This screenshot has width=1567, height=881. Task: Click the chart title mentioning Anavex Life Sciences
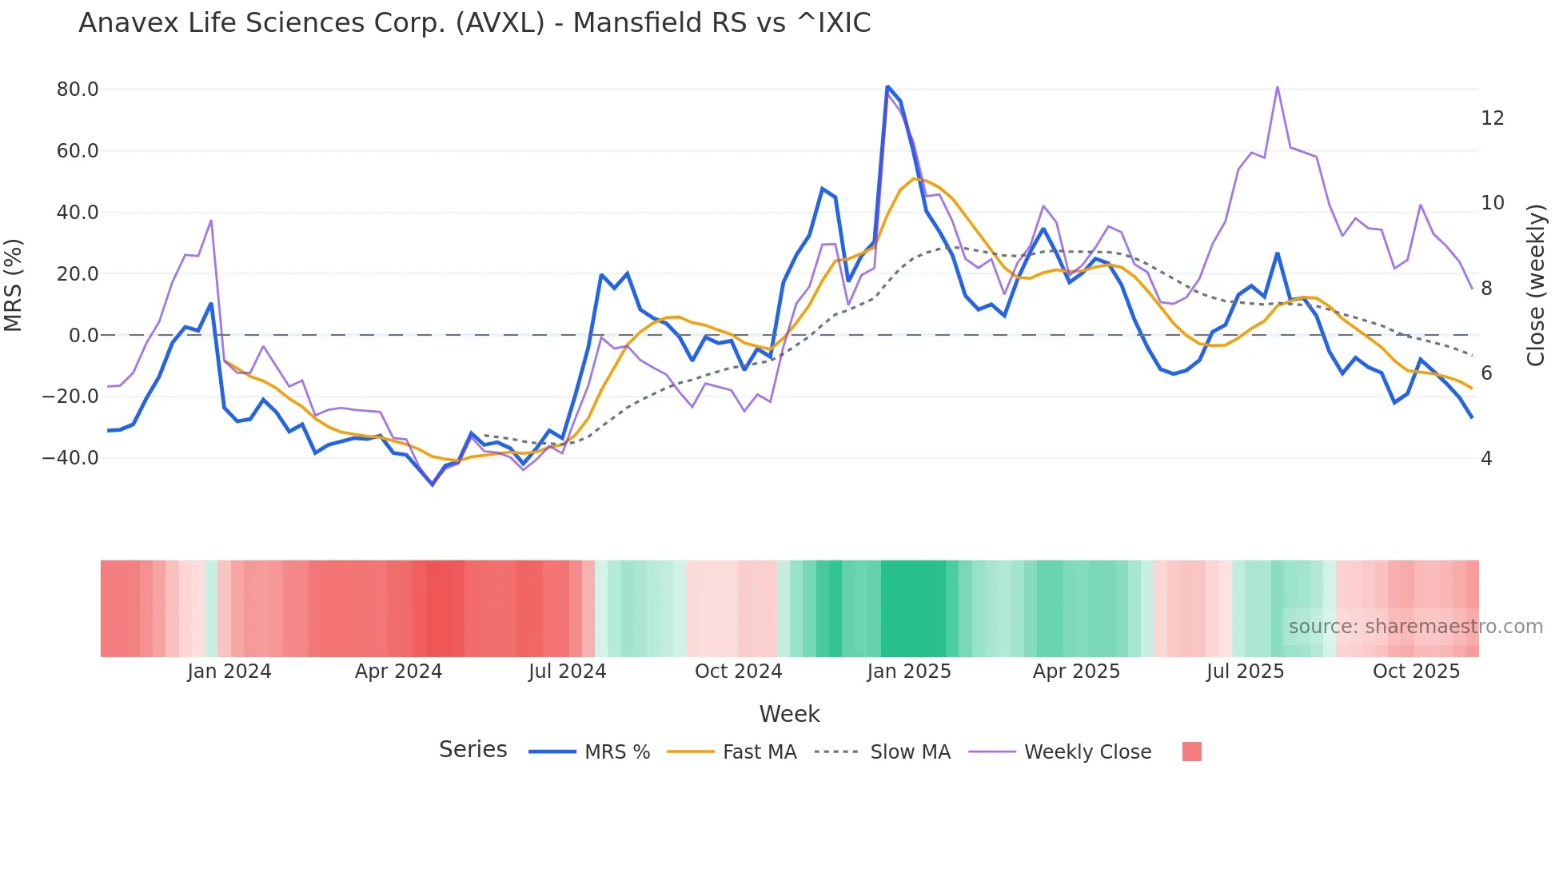pos(474,22)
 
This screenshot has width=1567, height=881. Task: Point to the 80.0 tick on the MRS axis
pos(78,90)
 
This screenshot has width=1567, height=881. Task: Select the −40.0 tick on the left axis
pos(70,458)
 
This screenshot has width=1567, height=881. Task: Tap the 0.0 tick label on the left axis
pos(83,336)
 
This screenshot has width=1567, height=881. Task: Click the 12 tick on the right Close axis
pos(1492,118)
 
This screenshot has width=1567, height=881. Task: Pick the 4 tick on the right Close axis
pos(1486,459)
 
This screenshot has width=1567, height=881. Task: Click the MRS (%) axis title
pos(14,285)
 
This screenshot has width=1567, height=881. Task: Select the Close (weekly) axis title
pos(1535,285)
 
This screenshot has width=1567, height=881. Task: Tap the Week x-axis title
pos(789,714)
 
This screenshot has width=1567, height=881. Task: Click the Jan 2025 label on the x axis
pos(909,672)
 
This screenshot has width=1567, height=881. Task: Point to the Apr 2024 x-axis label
pos(398,672)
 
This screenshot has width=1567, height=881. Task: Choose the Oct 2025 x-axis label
pos(1416,672)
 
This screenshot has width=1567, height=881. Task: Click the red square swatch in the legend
pos(1191,751)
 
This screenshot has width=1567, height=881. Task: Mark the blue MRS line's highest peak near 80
pos(887,86)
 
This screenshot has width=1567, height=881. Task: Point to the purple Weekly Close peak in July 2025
pos(1277,87)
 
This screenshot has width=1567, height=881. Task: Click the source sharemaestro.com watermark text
pos(1415,627)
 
